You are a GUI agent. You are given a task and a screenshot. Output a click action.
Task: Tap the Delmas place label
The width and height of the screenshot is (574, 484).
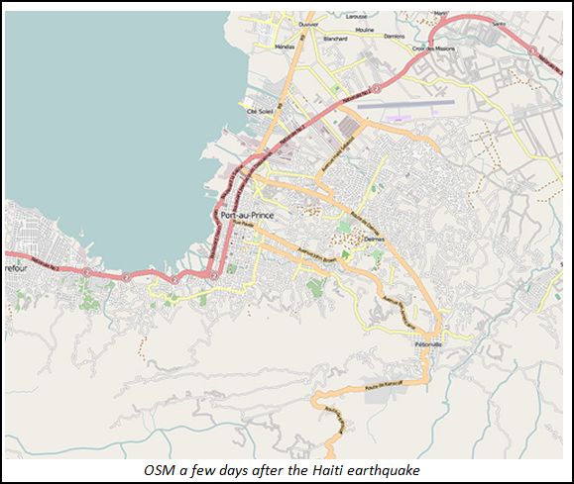tap(375, 238)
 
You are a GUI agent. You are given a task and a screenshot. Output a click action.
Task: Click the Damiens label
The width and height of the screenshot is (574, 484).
tap(395, 36)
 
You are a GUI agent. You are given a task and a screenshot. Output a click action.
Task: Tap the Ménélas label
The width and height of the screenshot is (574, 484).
tap(284, 47)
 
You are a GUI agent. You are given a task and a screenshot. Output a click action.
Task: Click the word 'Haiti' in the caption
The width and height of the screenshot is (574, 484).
tap(345, 469)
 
